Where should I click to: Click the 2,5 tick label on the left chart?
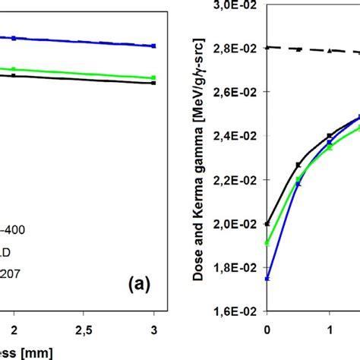(84, 331)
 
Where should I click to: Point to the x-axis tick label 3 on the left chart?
(153, 331)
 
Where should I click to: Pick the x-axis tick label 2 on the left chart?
(13, 331)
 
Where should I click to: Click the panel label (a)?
(140, 286)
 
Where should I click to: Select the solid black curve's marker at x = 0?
(267, 223)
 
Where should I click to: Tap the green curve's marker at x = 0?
(267, 243)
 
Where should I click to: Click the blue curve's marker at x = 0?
(267, 279)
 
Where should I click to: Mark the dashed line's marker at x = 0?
(267, 47)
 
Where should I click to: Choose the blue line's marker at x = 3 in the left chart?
(153, 46)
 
